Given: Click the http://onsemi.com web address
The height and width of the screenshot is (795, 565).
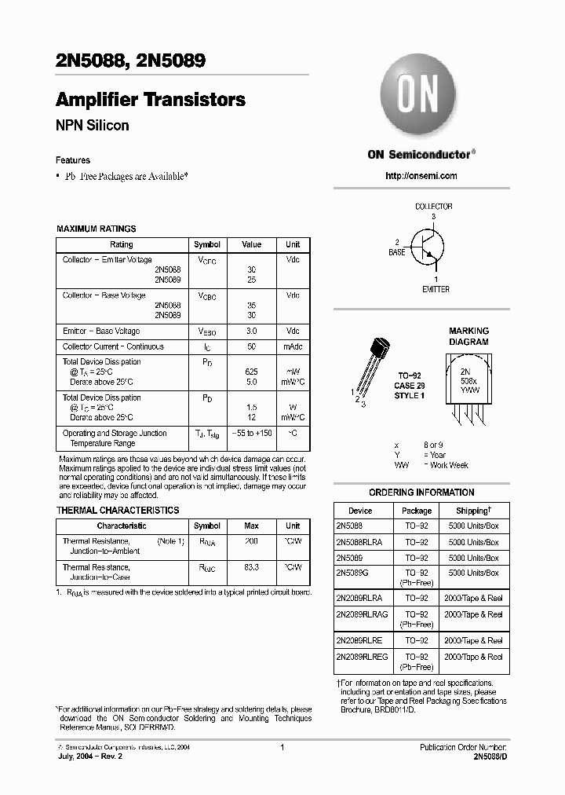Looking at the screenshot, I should click(421, 176).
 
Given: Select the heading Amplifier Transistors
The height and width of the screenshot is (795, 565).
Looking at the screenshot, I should click(151, 100).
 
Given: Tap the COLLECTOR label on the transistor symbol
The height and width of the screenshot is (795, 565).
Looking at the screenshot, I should click(433, 207).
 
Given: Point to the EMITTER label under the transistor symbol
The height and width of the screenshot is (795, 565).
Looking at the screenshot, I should click(436, 290).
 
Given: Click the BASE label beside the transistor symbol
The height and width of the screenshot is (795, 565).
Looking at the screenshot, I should click(397, 252).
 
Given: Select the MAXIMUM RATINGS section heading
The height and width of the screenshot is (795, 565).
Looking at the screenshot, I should click(96, 229).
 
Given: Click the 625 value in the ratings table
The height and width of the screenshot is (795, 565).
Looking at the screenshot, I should click(251, 371).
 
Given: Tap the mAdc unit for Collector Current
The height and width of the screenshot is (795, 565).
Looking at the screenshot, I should click(292, 346).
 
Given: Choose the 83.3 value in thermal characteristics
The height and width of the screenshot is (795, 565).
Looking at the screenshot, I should click(251, 566).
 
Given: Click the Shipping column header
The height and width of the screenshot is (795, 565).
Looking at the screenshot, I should click(477, 510).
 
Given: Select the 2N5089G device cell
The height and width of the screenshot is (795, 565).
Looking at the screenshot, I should click(352, 573).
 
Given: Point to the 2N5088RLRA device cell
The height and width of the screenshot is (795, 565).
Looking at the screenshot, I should click(359, 542).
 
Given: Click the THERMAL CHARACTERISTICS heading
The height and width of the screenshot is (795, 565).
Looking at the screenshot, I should click(118, 510).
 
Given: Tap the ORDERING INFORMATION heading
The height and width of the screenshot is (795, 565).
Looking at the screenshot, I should click(421, 493).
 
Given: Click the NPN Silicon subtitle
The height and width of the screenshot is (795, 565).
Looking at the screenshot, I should click(92, 126).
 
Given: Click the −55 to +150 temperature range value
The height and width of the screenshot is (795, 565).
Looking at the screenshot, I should click(251, 433).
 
